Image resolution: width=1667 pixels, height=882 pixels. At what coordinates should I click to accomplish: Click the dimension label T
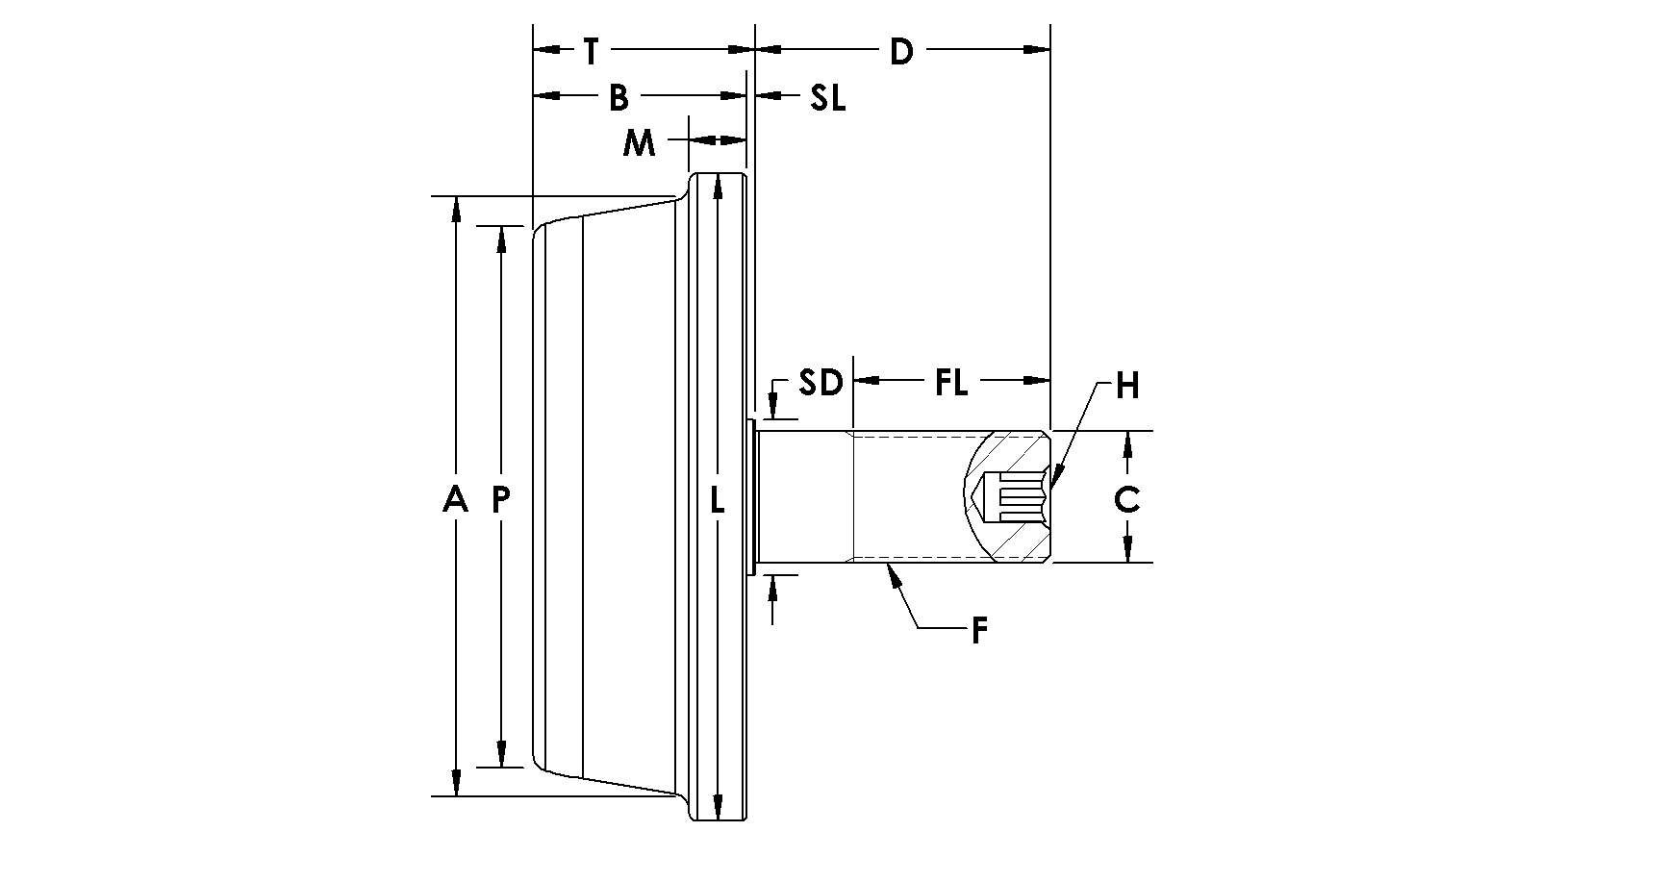[592, 51]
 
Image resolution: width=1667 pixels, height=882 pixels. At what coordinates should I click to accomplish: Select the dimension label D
[900, 51]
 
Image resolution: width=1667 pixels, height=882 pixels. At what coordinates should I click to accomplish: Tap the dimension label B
[618, 97]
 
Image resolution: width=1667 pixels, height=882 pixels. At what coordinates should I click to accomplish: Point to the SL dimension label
[827, 97]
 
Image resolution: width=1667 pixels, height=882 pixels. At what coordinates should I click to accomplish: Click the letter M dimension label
[639, 143]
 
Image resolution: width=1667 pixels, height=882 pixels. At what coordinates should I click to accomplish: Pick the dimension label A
[456, 499]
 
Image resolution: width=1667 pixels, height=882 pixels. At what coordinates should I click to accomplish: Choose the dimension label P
[501, 499]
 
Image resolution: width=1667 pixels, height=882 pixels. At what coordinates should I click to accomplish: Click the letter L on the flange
[717, 499]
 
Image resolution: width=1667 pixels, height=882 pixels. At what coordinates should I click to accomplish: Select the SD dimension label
[821, 383]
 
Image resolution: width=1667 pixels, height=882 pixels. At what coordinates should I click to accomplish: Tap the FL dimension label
[951, 383]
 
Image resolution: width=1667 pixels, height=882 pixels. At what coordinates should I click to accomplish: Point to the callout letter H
[1127, 386]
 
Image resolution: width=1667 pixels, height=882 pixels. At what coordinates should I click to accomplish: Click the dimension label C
[1127, 499]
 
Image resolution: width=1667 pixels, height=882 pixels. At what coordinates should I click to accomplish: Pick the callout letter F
[979, 631]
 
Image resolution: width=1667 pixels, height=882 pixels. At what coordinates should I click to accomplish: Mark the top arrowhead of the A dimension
[457, 209]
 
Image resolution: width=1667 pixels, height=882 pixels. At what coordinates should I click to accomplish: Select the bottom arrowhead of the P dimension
[501, 755]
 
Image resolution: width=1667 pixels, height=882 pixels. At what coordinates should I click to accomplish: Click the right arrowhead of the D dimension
[1037, 49]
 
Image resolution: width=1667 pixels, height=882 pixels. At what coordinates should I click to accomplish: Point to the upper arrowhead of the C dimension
[1127, 443]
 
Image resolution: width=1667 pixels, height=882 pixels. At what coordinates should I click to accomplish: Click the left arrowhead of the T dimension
[546, 49]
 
